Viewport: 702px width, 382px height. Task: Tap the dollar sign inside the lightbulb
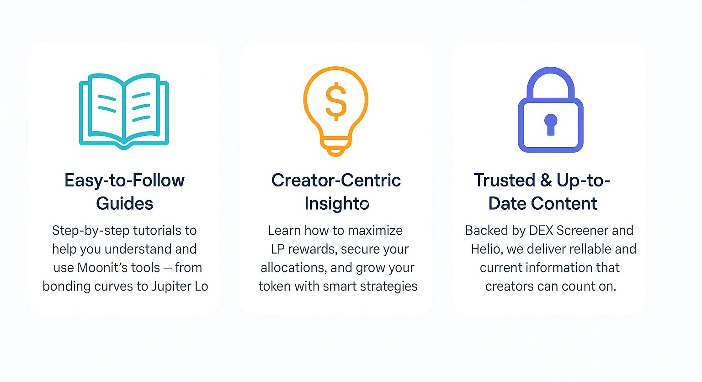click(336, 101)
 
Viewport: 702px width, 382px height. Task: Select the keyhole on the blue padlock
click(551, 124)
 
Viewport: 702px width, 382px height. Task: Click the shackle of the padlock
click(551, 73)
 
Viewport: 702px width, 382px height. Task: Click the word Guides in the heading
click(124, 203)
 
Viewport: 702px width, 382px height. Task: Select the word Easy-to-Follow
click(124, 181)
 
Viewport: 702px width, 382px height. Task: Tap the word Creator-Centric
click(336, 180)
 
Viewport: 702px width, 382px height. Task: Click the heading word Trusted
click(504, 180)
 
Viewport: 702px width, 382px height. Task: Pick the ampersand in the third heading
click(546, 180)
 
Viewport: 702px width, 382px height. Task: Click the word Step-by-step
click(90, 231)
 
